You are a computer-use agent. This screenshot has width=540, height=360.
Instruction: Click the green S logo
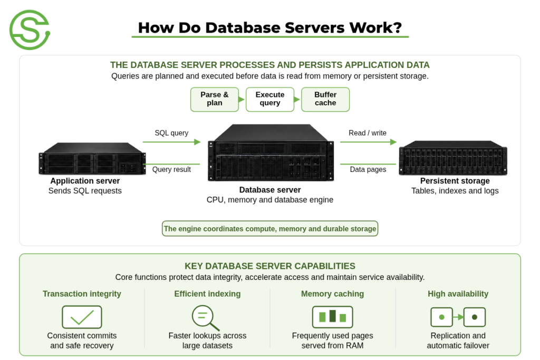(30, 30)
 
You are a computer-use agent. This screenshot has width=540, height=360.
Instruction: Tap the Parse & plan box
(215, 99)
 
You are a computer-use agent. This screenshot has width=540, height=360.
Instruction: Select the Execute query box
(270, 99)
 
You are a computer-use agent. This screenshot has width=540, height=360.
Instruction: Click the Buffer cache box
(325, 99)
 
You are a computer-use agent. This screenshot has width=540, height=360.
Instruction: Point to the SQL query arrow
(171, 142)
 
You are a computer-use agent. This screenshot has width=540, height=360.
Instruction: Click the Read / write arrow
(368, 142)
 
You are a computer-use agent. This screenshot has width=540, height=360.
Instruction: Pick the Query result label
(171, 169)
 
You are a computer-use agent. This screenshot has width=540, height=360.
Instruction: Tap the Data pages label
(368, 169)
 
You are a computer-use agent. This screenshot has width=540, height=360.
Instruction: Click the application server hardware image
(92, 158)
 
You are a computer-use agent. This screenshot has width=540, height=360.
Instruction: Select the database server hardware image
(271, 152)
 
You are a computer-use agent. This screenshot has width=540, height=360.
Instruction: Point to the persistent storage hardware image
(453, 158)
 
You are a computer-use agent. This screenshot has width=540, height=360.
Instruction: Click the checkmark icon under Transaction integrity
(82, 317)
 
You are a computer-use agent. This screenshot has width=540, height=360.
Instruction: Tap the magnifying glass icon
(206, 318)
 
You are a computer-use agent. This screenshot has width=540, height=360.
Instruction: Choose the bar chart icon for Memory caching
(333, 317)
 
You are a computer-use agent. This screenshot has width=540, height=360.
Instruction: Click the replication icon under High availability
(458, 317)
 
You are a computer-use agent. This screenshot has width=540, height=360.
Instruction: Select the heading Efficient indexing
(207, 294)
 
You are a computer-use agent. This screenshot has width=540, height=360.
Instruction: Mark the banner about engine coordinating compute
(270, 229)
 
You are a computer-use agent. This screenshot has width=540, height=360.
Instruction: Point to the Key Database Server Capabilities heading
(270, 266)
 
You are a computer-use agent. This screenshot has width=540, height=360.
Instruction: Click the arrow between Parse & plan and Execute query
(242, 100)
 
